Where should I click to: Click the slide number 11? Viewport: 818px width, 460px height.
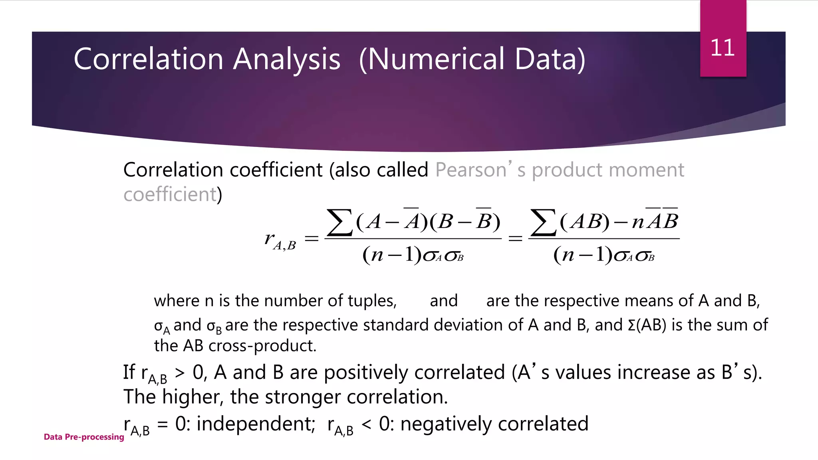click(723, 48)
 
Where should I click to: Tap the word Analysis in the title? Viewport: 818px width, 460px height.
click(286, 59)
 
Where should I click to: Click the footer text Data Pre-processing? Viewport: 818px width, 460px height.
click(84, 437)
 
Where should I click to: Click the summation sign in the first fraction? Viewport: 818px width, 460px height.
click(339, 222)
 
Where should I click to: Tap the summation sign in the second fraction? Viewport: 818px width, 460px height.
click(543, 222)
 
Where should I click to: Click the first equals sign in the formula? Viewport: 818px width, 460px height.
click(312, 239)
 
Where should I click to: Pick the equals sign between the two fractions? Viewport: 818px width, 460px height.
click(515, 239)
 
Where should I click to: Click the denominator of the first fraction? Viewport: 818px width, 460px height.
click(413, 255)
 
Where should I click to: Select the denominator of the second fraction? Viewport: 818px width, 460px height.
click(604, 255)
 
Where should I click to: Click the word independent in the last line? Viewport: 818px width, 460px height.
click(256, 424)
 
